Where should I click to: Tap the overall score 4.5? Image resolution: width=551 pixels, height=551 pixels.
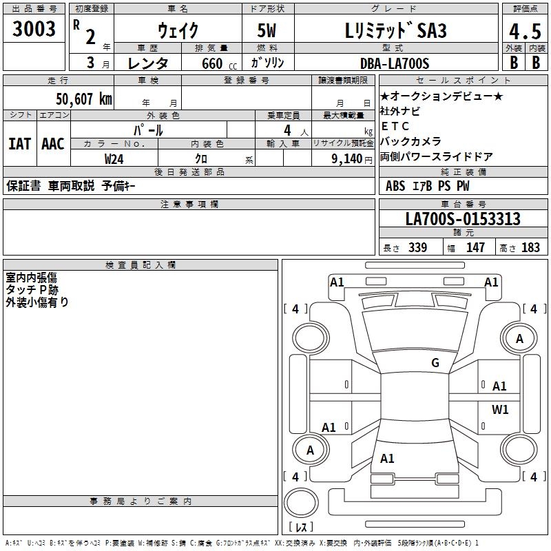pyautogui.click(x=525, y=31)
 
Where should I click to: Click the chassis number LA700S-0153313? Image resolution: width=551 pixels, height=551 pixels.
pyautogui.click(x=463, y=219)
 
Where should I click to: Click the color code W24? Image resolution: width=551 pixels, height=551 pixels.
pyautogui.click(x=114, y=158)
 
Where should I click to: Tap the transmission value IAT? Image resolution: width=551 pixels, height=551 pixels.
pyautogui.click(x=19, y=144)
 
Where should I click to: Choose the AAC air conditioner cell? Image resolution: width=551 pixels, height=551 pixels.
pyautogui.click(x=53, y=144)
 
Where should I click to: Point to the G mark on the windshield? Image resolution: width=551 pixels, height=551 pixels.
pyautogui.click(x=435, y=363)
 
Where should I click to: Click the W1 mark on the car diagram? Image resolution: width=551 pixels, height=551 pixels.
pyautogui.click(x=500, y=410)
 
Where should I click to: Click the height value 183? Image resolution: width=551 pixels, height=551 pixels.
pyautogui.click(x=530, y=248)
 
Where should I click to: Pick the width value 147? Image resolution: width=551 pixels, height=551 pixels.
pyautogui.click(x=475, y=248)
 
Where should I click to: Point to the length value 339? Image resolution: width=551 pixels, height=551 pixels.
pyautogui.click(x=416, y=248)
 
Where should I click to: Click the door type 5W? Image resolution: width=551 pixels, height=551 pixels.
pyautogui.click(x=269, y=31)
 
